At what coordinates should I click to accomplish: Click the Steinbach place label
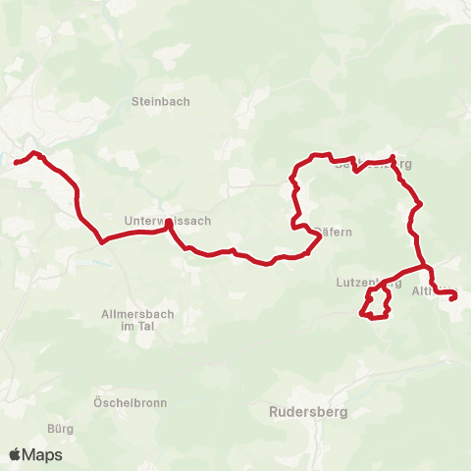(x=160, y=101)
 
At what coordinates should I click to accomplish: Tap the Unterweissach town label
(x=168, y=221)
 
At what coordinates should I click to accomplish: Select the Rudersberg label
(x=308, y=413)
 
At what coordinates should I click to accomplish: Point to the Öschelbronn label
(x=130, y=403)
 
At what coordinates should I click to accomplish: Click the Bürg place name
(x=60, y=428)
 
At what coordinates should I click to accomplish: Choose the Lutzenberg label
(x=369, y=283)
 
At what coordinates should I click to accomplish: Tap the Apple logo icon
(x=15, y=455)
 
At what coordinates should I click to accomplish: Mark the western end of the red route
(x=15, y=162)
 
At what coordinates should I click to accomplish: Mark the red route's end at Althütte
(x=453, y=299)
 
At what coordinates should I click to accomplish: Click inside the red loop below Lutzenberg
(x=375, y=304)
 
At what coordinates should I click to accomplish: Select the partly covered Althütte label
(x=433, y=291)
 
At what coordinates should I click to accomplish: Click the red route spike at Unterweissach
(x=169, y=223)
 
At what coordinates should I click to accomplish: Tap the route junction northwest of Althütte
(x=426, y=266)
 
